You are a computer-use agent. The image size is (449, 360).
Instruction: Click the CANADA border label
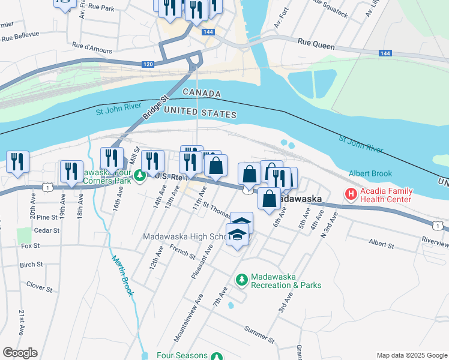[202, 94]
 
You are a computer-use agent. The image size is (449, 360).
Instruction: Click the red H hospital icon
[349, 194]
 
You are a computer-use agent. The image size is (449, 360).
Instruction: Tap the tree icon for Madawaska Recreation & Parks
[241, 280]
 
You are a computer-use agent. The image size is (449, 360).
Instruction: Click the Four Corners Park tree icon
[140, 176]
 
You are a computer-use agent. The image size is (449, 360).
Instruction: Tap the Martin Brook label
[122, 276]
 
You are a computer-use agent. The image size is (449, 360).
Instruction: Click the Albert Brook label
[370, 173]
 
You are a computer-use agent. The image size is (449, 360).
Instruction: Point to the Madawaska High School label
[184, 236]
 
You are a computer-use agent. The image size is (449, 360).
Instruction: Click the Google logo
[20, 353]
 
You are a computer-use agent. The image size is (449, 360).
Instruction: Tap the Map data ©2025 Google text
[411, 355]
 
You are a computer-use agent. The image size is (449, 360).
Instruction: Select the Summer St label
[259, 334]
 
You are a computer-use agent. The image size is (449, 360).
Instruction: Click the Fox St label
[29, 245]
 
